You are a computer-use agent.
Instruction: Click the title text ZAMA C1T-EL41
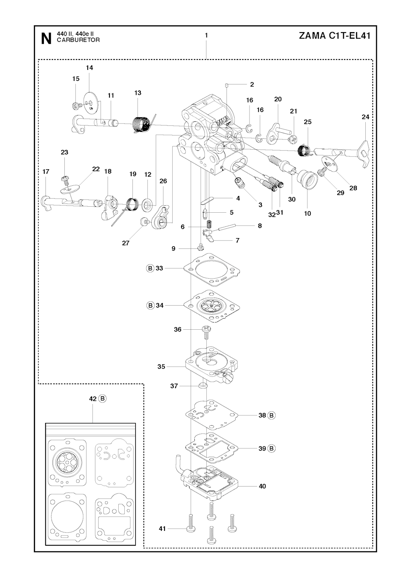tap(334, 36)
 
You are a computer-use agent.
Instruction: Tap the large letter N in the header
tap(46, 39)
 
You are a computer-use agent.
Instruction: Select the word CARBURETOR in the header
tap(78, 40)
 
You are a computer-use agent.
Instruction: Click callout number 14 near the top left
tap(89, 68)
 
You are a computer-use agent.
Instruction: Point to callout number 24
tap(365, 117)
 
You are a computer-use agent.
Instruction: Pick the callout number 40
tap(262, 486)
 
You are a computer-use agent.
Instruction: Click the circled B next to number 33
tap(150, 268)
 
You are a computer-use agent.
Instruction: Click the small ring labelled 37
tap(203, 386)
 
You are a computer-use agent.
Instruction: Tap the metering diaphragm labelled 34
tap(210, 306)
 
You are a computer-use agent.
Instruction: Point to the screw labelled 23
tap(65, 178)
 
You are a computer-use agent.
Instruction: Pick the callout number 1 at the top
tap(206, 35)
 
